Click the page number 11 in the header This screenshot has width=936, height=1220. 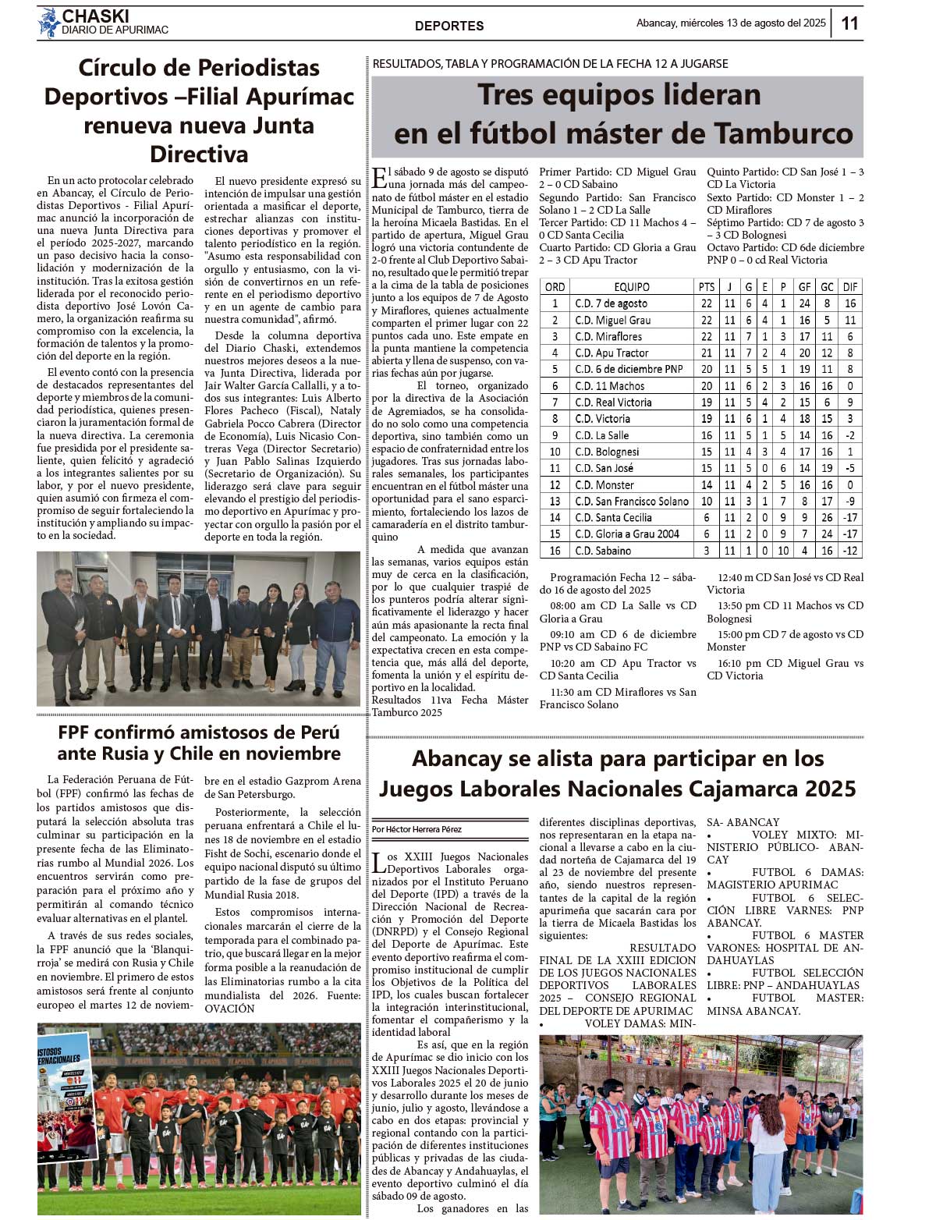pos(849,23)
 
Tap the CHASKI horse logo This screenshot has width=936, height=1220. pos(49,23)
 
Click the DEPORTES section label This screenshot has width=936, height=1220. pos(449,26)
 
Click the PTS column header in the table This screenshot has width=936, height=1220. pos(707,287)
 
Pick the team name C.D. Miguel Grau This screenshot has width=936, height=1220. pos(612,321)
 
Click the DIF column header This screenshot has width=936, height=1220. pos(850,287)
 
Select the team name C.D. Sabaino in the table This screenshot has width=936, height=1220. pos(603,551)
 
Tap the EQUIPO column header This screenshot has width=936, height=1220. pos(631,287)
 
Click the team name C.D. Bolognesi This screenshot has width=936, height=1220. pos(607,452)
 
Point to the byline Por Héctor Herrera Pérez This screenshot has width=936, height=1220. pos(417,829)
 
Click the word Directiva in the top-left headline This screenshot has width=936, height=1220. pos(199,154)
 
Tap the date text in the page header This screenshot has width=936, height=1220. pos(731,23)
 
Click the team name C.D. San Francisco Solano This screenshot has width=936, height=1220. pos(631,502)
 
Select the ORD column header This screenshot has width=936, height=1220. pos(555,287)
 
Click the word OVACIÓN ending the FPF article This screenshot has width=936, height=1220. pos(230,1009)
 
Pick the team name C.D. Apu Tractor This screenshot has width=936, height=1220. pos(612,353)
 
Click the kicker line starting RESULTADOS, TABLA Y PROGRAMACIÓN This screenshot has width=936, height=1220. pos(551,64)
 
